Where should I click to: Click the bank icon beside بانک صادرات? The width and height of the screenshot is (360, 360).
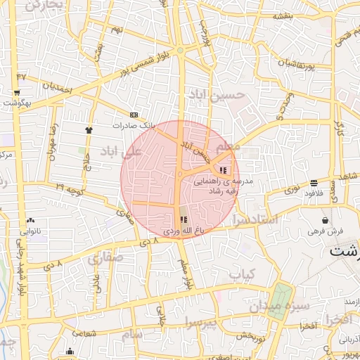tap(134, 115)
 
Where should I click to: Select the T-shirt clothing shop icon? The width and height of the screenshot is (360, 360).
tap(89, 129)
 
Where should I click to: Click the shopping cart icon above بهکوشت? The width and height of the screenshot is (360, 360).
tap(16, 92)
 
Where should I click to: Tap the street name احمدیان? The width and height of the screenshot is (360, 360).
tap(58, 89)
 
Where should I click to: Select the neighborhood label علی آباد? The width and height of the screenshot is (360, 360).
tap(121, 150)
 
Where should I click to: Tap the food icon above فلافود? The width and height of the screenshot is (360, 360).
tap(314, 183)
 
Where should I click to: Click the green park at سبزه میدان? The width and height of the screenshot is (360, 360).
tap(283, 302)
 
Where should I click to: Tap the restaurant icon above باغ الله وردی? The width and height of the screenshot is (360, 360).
tap(184, 220)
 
